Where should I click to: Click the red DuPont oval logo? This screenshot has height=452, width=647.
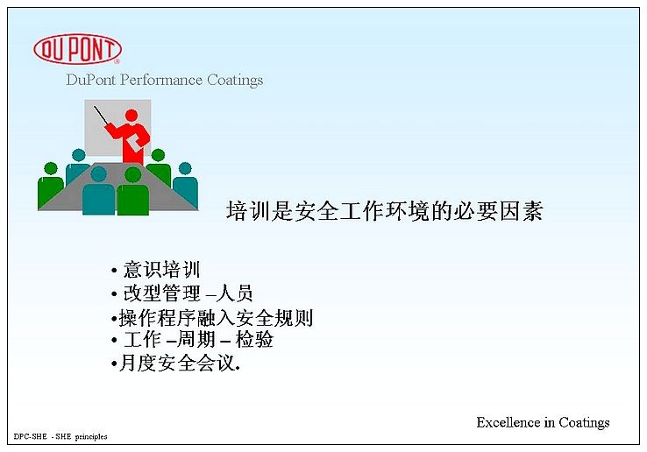(77, 49)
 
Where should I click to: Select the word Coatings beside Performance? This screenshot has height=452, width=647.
(235, 80)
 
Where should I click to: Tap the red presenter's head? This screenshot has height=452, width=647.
(132, 115)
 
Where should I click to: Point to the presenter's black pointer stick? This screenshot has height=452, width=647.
(101, 116)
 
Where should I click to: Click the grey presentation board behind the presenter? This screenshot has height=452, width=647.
(117, 128)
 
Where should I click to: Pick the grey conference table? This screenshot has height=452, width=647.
(117, 187)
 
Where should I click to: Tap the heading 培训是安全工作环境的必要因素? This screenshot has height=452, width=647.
(384, 211)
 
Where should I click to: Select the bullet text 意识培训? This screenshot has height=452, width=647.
(161, 270)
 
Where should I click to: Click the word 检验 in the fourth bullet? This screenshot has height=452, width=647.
(254, 340)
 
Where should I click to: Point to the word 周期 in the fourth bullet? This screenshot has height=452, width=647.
(196, 340)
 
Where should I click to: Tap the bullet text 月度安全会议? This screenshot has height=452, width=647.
(176, 364)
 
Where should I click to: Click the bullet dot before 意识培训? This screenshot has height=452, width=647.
(114, 271)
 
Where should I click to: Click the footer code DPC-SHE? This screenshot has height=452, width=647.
(30, 436)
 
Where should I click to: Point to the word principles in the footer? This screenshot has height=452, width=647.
(91, 437)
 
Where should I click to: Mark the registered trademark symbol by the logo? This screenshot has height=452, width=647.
(117, 61)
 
